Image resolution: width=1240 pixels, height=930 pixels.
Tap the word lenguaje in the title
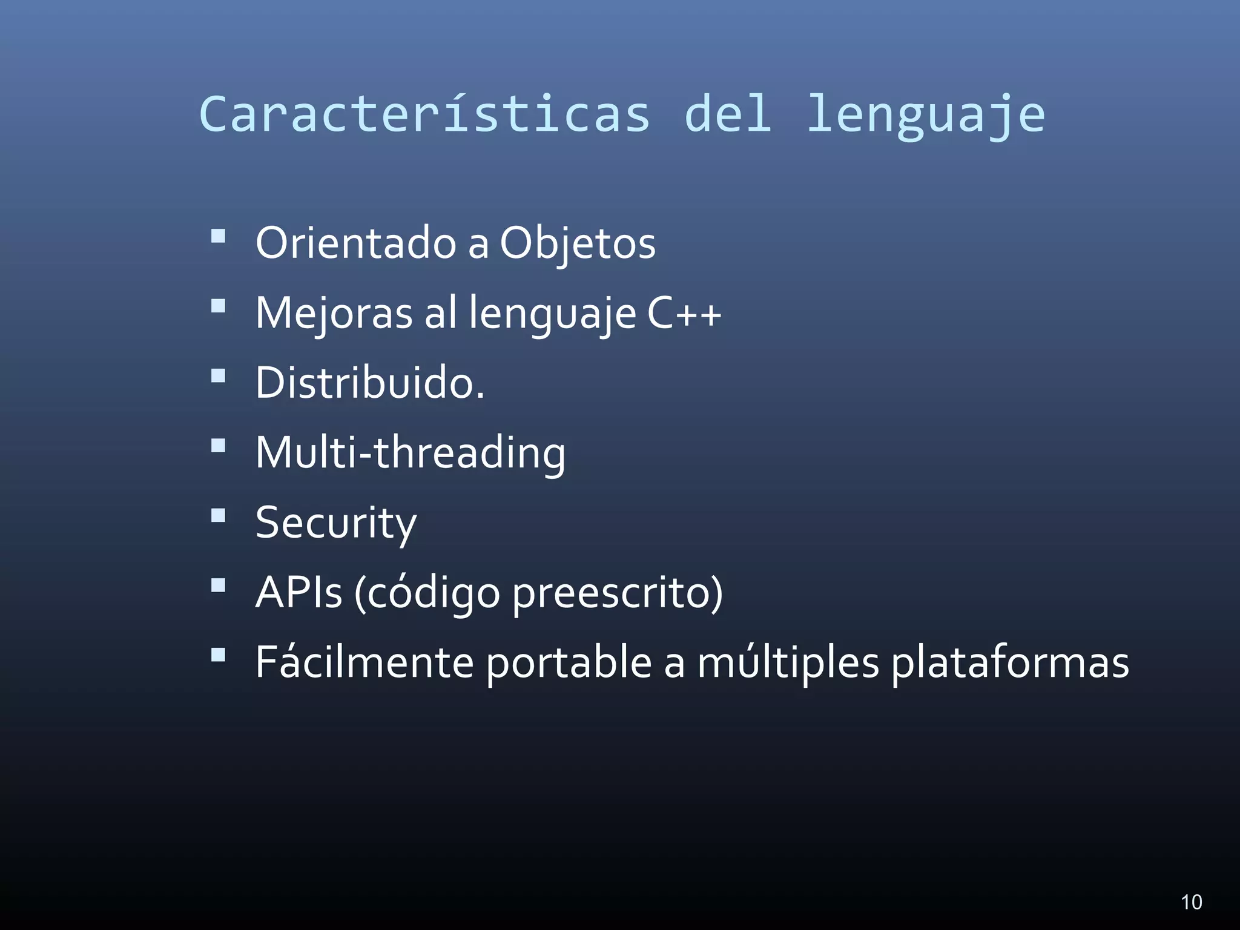[x=926, y=115]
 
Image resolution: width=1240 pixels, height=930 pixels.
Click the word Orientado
[x=356, y=243]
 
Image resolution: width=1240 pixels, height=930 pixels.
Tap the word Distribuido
[x=369, y=383]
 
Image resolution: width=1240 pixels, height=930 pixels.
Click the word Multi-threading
[x=411, y=453]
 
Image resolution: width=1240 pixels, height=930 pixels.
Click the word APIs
[x=299, y=592]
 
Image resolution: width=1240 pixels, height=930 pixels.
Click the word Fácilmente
[x=364, y=662]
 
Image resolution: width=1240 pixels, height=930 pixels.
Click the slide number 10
[x=1192, y=902]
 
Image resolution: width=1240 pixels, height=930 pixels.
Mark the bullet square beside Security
[x=218, y=515]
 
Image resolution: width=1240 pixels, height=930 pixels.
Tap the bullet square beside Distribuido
[x=218, y=376]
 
